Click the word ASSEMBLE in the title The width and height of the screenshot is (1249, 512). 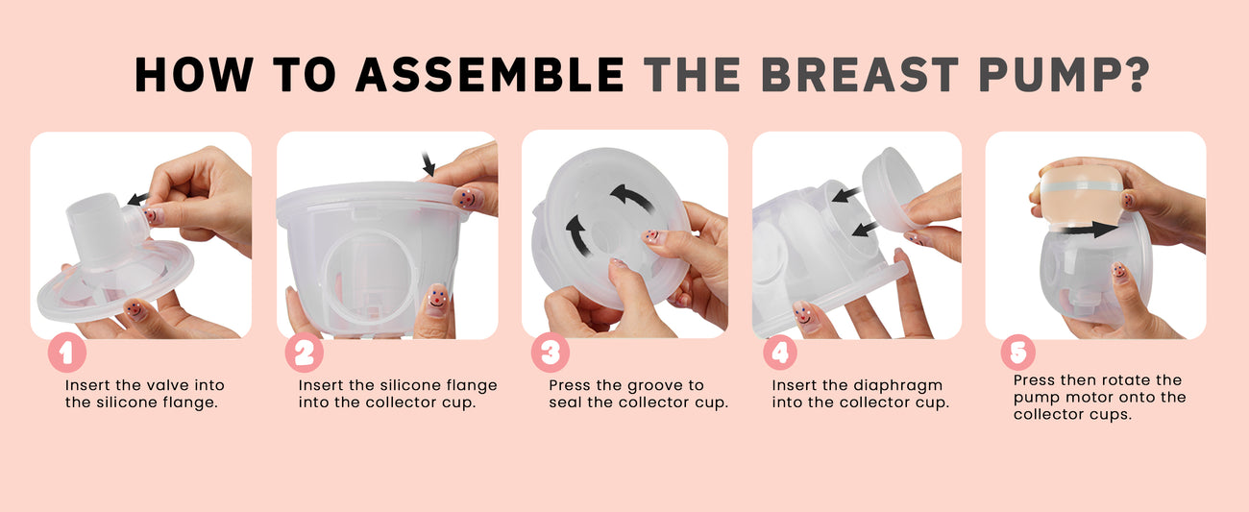pos(490,74)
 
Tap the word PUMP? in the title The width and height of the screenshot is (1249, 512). pos(1065,74)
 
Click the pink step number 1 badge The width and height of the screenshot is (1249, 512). pos(67,353)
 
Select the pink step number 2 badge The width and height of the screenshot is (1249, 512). pos(305,353)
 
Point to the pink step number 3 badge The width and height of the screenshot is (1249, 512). pos(551,353)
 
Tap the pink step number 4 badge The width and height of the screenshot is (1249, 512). pos(780,353)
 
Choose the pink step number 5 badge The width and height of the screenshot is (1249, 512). pos(1018,353)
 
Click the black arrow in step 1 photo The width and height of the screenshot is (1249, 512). pos(137,199)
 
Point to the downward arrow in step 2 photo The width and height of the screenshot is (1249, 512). pos(429,163)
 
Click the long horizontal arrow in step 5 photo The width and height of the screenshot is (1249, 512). pos(1090,229)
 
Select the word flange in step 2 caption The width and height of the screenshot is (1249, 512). pos(470,386)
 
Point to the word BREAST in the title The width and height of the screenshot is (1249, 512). pos(860,74)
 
